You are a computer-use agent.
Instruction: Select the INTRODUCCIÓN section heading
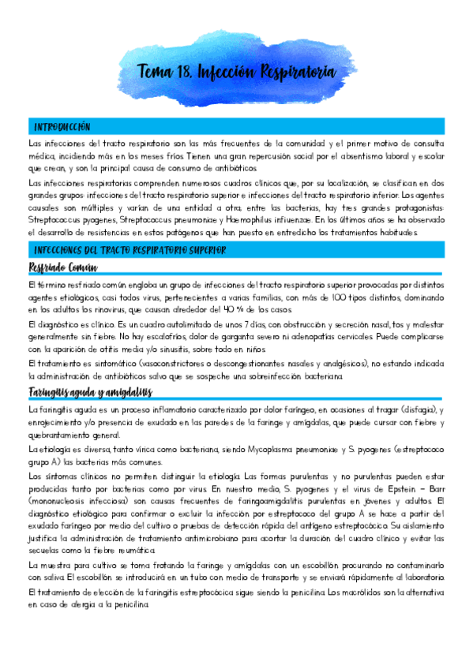tap(62, 127)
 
